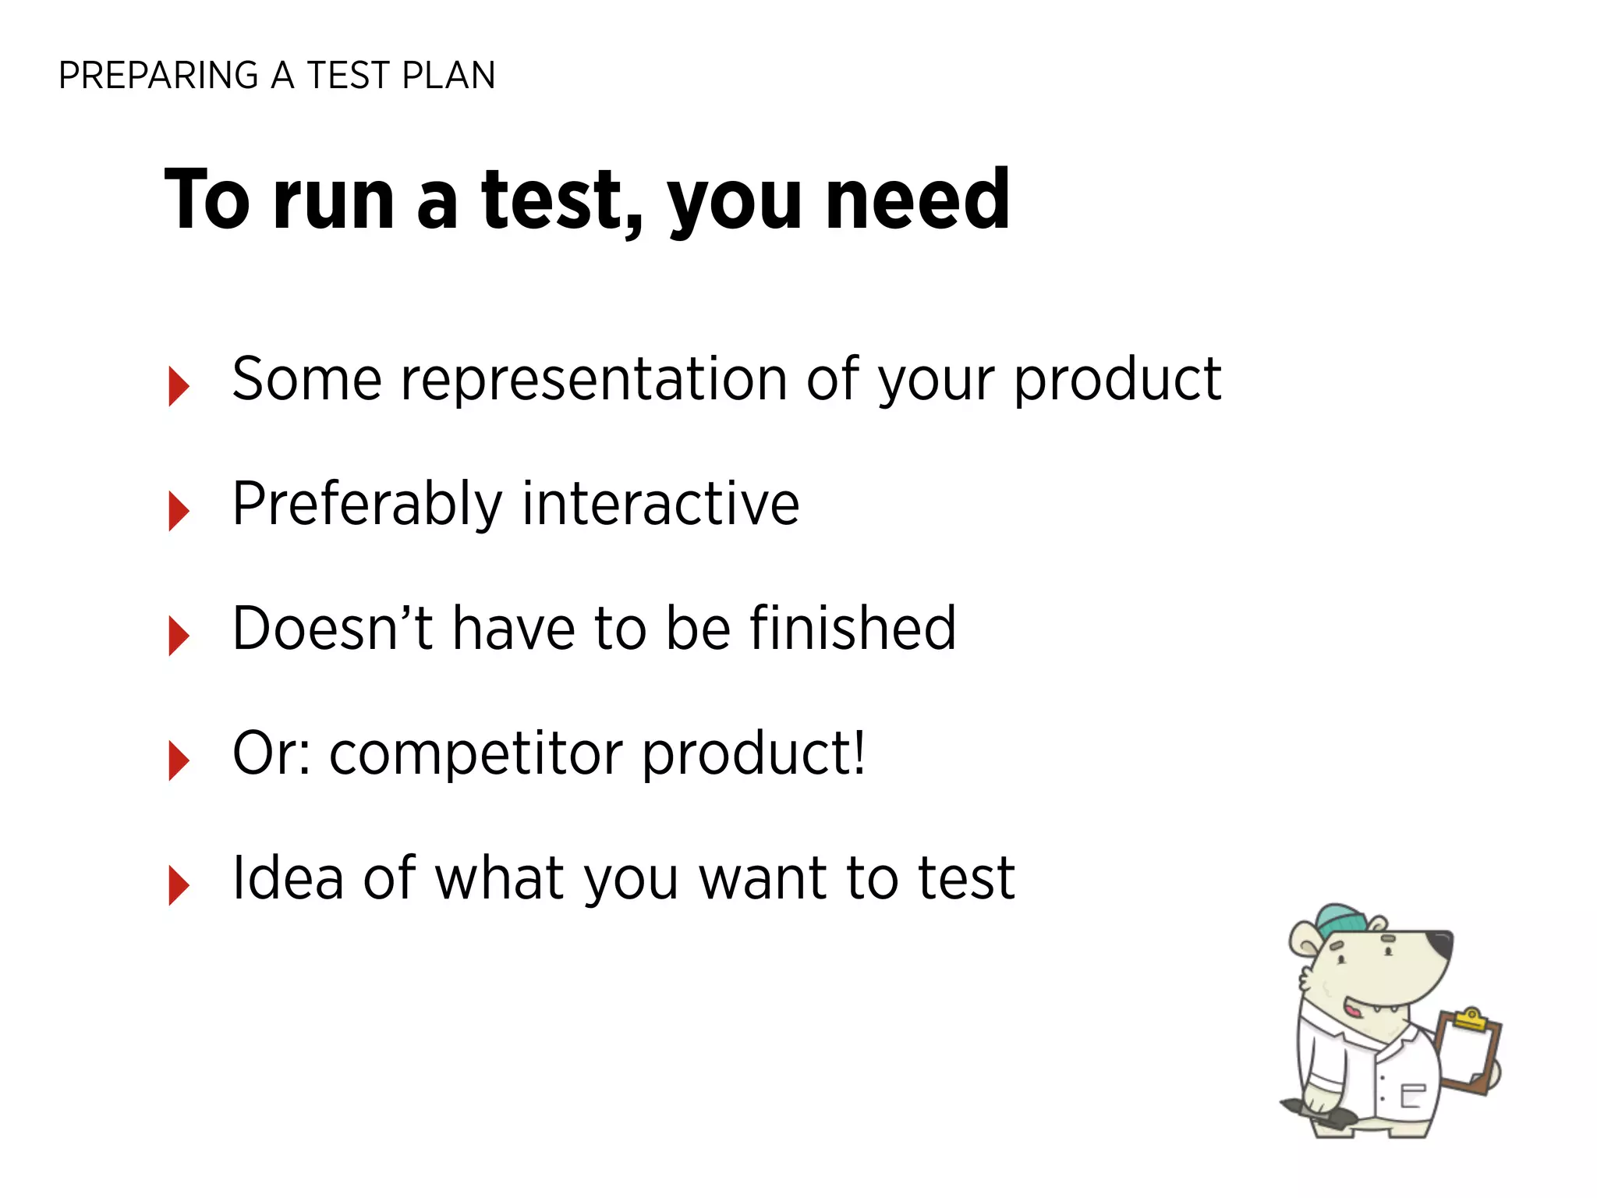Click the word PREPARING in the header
(x=158, y=76)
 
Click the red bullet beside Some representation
(x=179, y=386)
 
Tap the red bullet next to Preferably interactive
(x=179, y=511)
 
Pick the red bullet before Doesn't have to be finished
(x=179, y=636)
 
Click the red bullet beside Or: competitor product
(x=179, y=760)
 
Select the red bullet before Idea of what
(x=179, y=885)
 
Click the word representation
(x=593, y=381)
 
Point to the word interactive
(x=660, y=504)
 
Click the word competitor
(x=475, y=754)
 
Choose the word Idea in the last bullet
(x=288, y=878)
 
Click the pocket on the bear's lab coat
(x=1413, y=1095)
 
